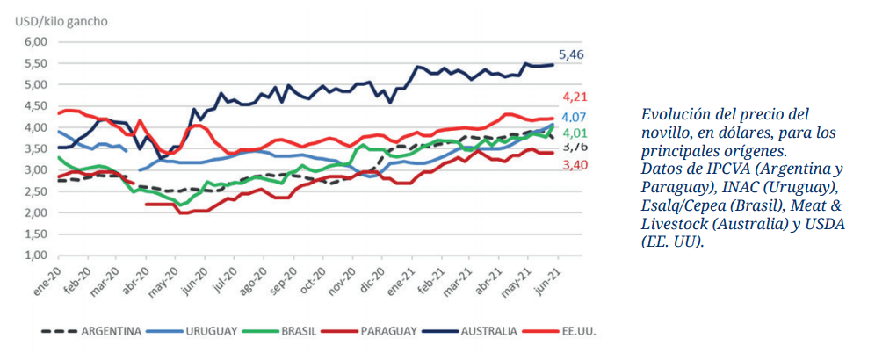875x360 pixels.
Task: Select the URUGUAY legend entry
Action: [212, 331]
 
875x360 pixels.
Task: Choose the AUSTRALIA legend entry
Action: [495, 331]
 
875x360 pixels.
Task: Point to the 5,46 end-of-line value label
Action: [572, 54]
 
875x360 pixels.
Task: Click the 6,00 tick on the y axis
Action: [33, 42]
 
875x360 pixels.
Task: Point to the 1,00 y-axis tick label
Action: [33, 256]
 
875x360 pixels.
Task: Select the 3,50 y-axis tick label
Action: [33, 149]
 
